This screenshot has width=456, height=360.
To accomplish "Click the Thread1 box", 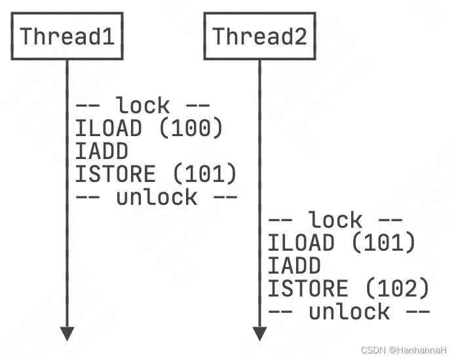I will (x=67, y=36).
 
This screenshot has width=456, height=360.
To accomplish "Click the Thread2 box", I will (x=259, y=36).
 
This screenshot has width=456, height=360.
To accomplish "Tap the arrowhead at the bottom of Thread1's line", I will (x=67, y=333).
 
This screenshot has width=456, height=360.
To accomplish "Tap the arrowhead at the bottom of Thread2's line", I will (x=259, y=333).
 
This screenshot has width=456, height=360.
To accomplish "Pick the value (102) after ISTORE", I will (x=396, y=289).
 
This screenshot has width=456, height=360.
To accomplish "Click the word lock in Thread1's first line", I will (x=143, y=105).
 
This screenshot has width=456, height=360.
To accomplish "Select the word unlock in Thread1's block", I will (x=157, y=197).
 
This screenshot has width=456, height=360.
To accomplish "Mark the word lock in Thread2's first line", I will (x=335, y=220).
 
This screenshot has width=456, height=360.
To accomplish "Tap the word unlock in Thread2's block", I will (x=349, y=312).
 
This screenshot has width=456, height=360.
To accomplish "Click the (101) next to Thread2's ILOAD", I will (x=383, y=243).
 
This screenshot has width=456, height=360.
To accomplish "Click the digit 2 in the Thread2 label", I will (x=300, y=36).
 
